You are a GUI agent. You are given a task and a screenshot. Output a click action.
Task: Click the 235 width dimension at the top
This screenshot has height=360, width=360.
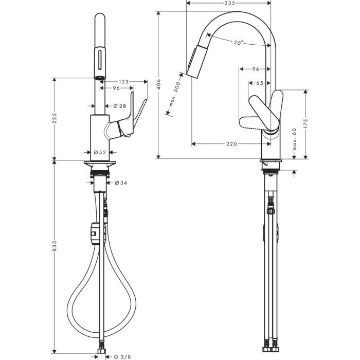point(229,4)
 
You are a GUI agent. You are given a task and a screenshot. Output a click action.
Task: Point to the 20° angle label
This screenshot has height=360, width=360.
point(237,43)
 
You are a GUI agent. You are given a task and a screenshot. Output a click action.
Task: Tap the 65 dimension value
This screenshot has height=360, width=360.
point(259,83)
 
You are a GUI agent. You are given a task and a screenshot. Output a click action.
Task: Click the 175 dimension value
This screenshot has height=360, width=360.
point(305,124)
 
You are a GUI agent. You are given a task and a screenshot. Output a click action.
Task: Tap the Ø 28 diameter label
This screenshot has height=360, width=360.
point(119,106)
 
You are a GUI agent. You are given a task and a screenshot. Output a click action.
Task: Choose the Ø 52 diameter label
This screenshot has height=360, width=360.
point(100,152)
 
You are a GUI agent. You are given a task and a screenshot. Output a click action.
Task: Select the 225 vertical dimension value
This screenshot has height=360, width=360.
point(55,118)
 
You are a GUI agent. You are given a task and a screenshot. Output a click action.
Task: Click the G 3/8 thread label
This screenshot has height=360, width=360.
point(122,355)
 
